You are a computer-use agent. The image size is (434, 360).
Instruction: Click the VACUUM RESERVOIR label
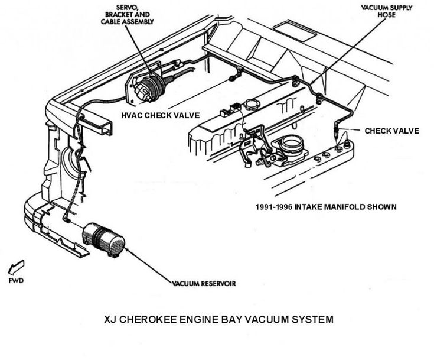pos(204,283)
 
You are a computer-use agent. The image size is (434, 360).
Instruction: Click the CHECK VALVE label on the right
pos(391,131)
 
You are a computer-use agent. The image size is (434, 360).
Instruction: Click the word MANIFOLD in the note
pos(347,207)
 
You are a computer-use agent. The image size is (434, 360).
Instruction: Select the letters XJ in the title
pos(110,319)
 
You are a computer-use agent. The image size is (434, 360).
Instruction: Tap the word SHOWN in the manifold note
pos(381,207)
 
